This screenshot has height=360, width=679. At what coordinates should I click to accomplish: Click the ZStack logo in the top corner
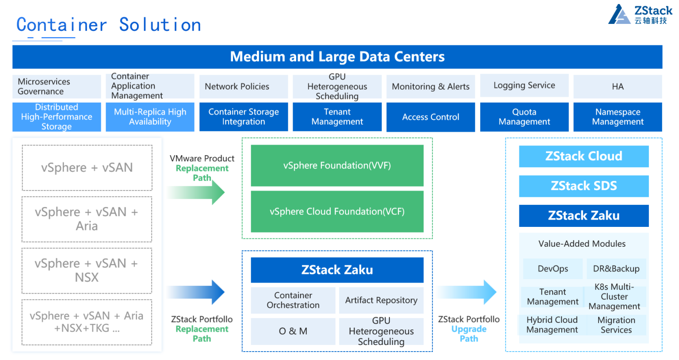pyautogui.click(x=640, y=15)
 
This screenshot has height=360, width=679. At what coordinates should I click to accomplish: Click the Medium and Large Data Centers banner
pyautogui.click(x=337, y=57)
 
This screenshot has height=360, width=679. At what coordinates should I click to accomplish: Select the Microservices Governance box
pyautogui.click(x=57, y=87)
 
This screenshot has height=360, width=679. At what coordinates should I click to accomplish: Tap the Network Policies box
pyautogui.click(x=243, y=87)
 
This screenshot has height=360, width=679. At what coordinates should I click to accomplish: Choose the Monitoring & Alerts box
pyautogui.click(x=430, y=87)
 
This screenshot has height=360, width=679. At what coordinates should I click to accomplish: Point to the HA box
pyautogui.click(x=617, y=87)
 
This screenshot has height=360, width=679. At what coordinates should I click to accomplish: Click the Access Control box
pyautogui.click(x=430, y=117)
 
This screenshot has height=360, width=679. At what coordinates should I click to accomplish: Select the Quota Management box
pyautogui.click(x=524, y=117)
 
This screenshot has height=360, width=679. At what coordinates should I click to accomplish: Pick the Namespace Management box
pyautogui.click(x=617, y=117)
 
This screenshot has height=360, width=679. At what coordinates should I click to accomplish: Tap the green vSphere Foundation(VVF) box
pyautogui.click(x=337, y=165)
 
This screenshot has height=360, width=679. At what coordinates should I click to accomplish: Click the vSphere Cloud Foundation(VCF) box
pyautogui.click(x=337, y=211)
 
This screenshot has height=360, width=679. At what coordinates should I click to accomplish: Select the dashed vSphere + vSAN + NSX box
pyautogui.click(x=87, y=270)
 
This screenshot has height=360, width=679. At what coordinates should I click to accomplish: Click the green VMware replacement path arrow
pyautogui.click(x=197, y=193)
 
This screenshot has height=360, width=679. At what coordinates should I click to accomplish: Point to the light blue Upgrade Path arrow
pyautogui.click(x=467, y=292)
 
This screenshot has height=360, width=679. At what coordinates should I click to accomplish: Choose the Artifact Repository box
pyautogui.click(x=381, y=300)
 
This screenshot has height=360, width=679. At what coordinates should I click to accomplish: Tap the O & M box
pyautogui.click(x=293, y=331)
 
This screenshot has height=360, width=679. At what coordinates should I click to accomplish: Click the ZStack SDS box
pyautogui.click(x=584, y=186)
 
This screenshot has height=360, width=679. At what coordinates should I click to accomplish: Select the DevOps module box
pyautogui.click(x=553, y=269)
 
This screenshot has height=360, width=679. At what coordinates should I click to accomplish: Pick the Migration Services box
pyautogui.click(x=616, y=325)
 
